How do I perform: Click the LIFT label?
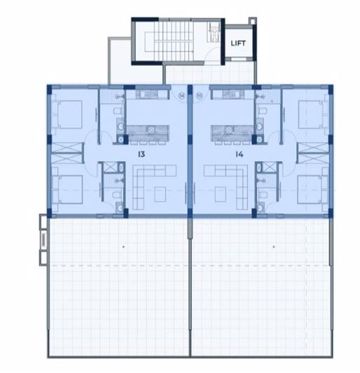tap(238, 43)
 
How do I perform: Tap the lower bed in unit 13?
tap(68, 189)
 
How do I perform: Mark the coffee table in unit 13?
tap(161, 191)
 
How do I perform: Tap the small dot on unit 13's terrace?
tap(123, 247)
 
